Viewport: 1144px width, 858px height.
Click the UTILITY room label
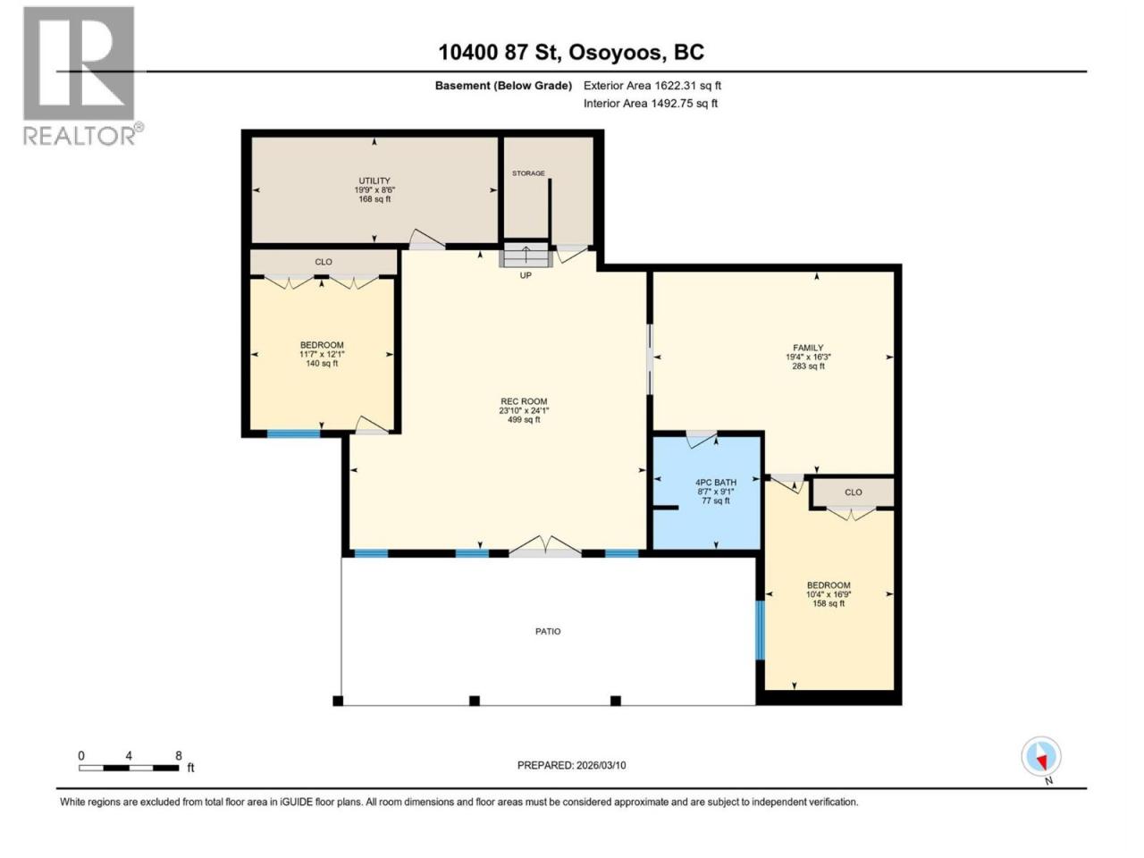(x=374, y=181)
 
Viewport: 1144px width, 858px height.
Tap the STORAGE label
(x=528, y=173)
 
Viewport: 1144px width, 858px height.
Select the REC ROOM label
(x=524, y=401)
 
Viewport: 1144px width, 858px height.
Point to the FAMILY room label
(x=808, y=348)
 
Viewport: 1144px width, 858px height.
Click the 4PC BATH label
(x=716, y=483)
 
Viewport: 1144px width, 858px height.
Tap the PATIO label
(x=548, y=631)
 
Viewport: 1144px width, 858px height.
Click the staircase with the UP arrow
(x=526, y=255)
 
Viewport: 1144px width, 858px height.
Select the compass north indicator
(x=1041, y=756)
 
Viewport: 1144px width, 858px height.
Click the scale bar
(x=130, y=768)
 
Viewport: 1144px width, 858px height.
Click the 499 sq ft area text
(x=524, y=419)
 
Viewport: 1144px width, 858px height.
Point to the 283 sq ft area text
(x=808, y=366)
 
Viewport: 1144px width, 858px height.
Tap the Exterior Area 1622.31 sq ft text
(x=652, y=86)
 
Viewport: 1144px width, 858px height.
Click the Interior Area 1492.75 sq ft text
(x=650, y=103)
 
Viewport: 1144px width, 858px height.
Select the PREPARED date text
(x=571, y=765)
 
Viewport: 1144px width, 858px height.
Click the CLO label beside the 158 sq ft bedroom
(x=854, y=492)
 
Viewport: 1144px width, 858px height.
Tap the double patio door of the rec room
(x=545, y=547)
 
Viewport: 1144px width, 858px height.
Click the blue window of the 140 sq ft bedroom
(x=293, y=434)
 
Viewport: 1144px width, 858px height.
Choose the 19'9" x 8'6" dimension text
(x=374, y=190)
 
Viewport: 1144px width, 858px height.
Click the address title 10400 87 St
(x=500, y=52)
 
